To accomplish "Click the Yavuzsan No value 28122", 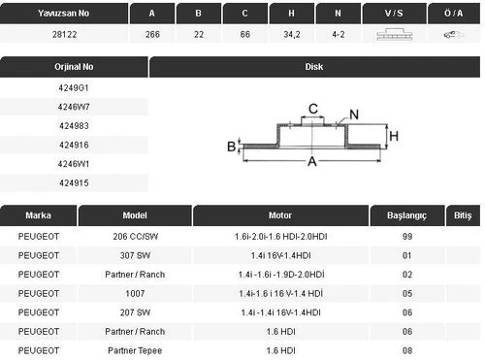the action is point(64,34).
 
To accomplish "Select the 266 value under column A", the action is point(152,34).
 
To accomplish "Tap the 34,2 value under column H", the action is point(292,34).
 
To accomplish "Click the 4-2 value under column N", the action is point(339,34).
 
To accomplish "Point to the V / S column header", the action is point(394,14).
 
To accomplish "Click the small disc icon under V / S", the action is point(395,35).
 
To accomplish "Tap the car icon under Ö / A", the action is point(453,34).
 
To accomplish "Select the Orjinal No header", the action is point(74,67).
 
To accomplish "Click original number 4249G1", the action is point(74,88).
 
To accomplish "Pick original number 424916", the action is point(74,145).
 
